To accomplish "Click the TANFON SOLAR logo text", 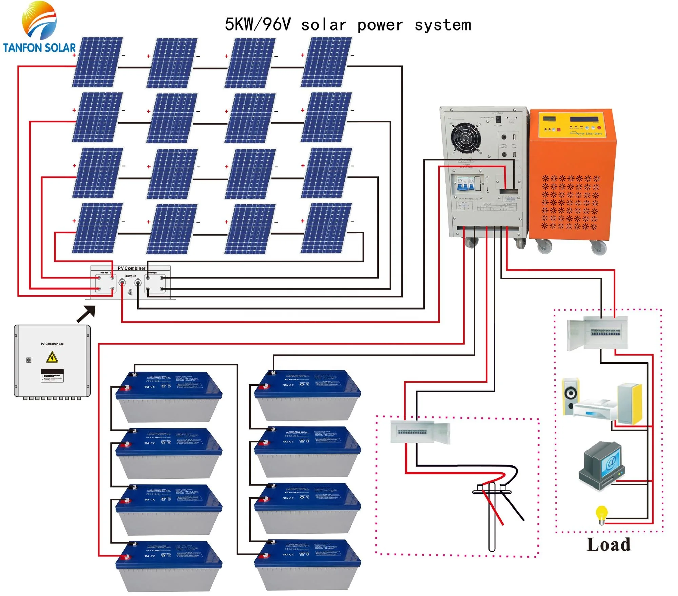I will coord(39,48).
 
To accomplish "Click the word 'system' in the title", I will coord(443,25).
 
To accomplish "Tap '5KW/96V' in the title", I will coord(258,24).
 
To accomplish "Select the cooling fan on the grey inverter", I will coord(466,138).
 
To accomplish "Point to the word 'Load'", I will coord(609,545).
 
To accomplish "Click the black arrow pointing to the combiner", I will coord(86,314).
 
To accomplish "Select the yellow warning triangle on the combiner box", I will coord(52,357).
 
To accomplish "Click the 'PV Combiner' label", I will coord(132,268).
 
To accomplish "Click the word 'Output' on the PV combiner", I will coord(130,276).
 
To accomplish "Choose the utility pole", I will coord(492,515).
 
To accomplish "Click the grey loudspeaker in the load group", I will coord(571,397).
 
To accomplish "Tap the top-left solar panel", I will coord(97,62).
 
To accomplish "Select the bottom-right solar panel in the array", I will coord(326,228).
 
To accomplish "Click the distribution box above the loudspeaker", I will coord(598,333).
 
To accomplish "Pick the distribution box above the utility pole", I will coord(420,432).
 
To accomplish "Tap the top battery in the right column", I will coord(307,395).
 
